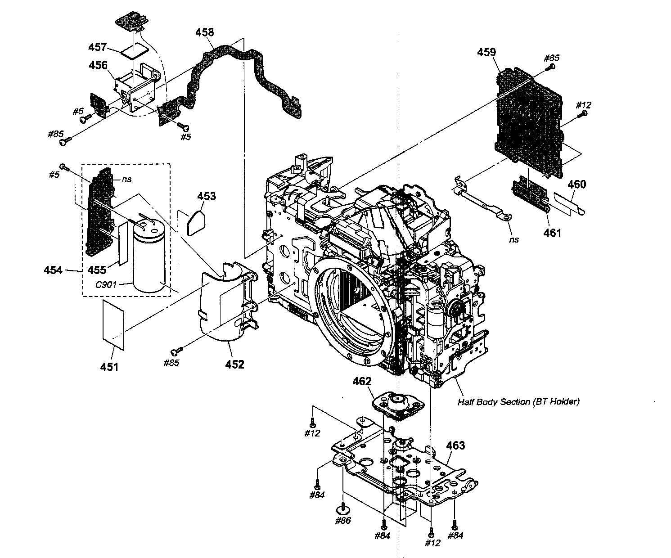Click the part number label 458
(205, 32)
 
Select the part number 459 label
(486, 53)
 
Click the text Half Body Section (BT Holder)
(518, 402)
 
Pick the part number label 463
(455, 445)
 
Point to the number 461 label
(552, 233)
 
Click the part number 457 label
(98, 47)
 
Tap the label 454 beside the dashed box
(53, 270)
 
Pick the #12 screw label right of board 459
(583, 105)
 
